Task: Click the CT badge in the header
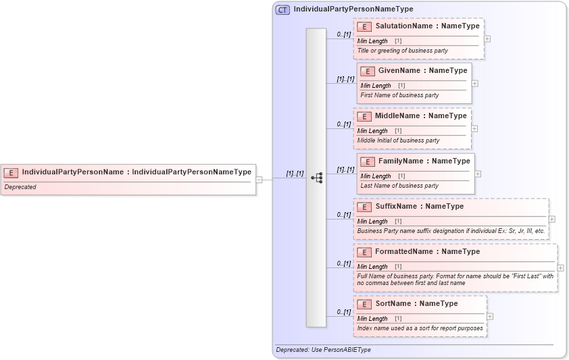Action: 283,9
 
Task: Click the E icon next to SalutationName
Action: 364,26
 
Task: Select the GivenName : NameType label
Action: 422,71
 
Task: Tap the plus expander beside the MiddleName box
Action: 474,128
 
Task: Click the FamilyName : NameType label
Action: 424,161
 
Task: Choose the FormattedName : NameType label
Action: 427,252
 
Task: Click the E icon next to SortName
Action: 364,304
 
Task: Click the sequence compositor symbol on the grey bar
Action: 316,178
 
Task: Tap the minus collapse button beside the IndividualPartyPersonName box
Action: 259,179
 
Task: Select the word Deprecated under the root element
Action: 20,187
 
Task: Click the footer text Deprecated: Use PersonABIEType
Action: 323,350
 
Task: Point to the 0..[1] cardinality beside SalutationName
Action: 343,34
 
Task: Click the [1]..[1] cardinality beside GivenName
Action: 345,79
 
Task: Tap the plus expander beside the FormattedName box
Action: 561,267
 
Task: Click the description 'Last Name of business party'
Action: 399,186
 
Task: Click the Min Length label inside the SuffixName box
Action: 372,222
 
